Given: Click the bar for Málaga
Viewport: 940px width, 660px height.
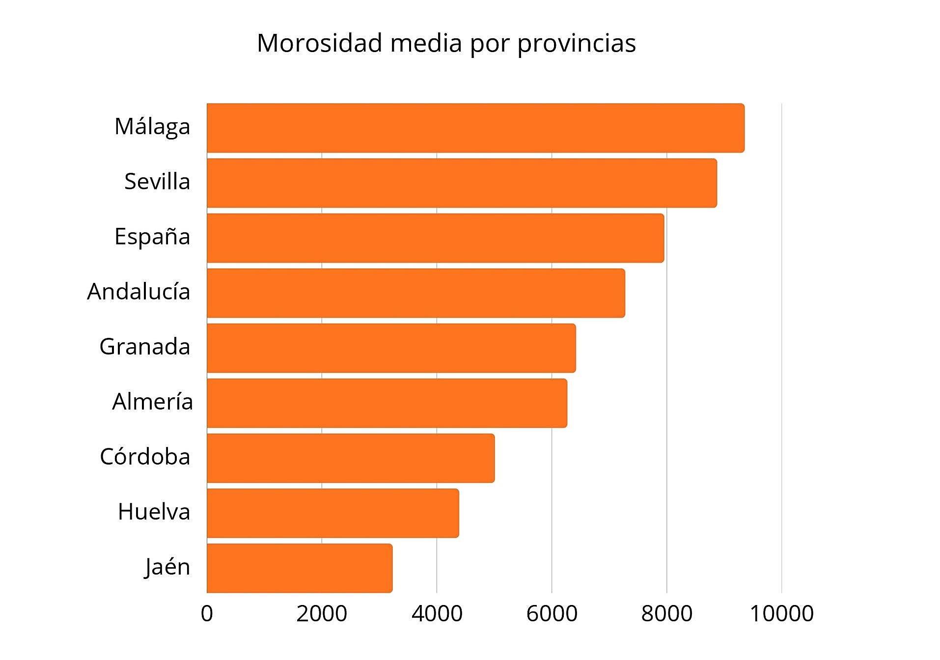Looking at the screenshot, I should [x=475, y=128].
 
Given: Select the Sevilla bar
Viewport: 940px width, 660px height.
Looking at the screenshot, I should [x=462, y=183].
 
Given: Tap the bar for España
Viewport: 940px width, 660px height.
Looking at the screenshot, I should [x=435, y=238].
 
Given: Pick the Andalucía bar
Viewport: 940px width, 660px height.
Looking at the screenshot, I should [x=415, y=293].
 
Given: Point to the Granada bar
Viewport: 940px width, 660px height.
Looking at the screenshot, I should [x=391, y=348].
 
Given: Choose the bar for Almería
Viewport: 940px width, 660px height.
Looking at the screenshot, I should [x=387, y=403].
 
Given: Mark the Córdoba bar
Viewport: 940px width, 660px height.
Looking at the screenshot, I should [x=351, y=458].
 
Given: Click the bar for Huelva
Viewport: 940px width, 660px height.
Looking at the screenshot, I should [x=332, y=513].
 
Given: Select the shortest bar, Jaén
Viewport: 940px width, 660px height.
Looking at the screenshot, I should [x=300, y=568].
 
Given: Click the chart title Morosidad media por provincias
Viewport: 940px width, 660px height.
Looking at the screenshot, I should [x=446, y=43].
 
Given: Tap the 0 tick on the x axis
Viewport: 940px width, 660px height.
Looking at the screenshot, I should [x=207, y=614].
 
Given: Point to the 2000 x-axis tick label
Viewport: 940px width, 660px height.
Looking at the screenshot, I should [x=322, y=614].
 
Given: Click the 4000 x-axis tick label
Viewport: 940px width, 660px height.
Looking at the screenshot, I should [x=437, y=614].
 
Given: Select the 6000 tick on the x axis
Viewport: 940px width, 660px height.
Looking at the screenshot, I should [x=552, y=614].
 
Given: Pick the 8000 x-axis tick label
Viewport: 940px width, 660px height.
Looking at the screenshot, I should [x=666, y=614].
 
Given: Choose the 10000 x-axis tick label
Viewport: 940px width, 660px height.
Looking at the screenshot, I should [x=781, y=614].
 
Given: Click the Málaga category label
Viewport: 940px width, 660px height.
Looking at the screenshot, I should [x=152, y=127].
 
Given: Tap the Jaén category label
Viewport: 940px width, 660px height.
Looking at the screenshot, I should [x=167, y=567].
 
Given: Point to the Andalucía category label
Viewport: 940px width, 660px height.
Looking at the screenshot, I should [x=138, y=292].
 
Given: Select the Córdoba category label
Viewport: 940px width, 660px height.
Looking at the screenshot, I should [x=145, y=457].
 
